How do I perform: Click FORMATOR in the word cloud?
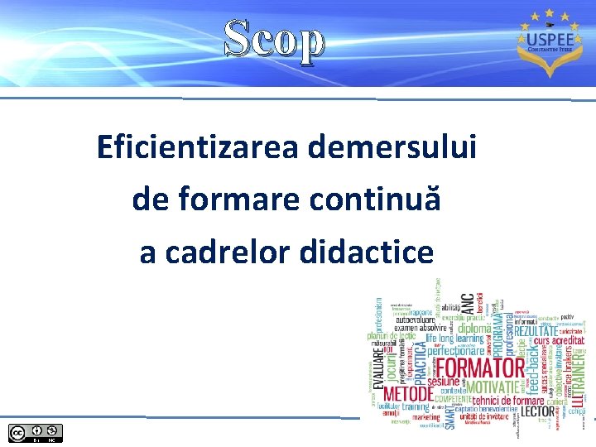[x=480, y=368]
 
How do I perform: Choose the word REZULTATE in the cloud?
[x=547, y=331]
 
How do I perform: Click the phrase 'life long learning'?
[x=454, y=339]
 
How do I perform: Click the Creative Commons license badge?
[x=34, y=432]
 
